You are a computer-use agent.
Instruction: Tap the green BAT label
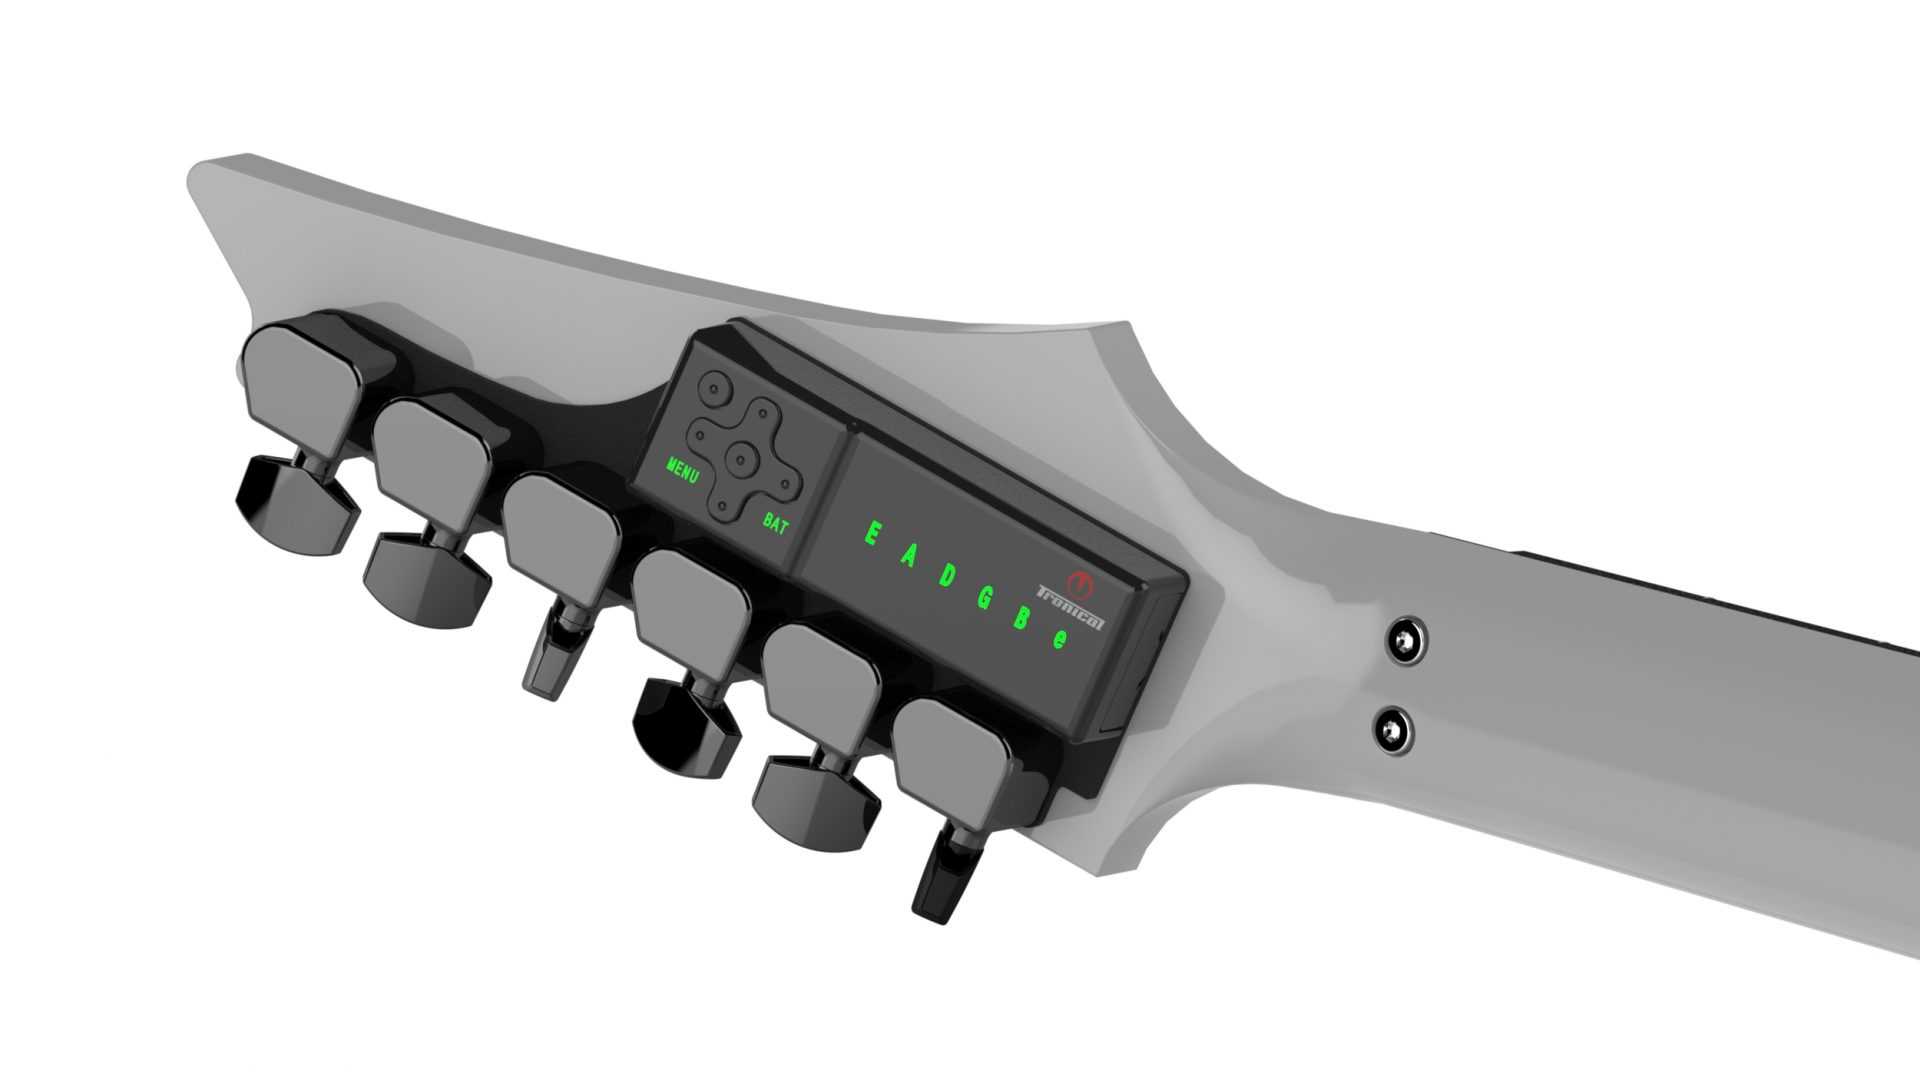point(775,523)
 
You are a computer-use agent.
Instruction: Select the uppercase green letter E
point(871,534)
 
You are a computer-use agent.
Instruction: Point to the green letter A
point(908,556)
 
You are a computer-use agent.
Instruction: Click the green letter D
point(946,577)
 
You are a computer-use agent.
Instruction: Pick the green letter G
point(984,598)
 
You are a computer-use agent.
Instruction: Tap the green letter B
point(1022,618)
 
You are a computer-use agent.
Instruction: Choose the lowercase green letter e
point(1060,640)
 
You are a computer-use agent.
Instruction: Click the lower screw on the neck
point(1391,730)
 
